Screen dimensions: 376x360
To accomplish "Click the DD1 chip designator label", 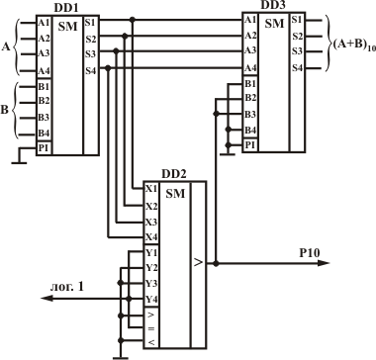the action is click(x=67, y=8).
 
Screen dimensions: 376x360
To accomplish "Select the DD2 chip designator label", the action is click(x=174, y=174).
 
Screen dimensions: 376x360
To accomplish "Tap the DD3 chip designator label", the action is click(x=273, y=5).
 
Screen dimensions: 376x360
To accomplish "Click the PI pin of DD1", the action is click(x=44, y=148).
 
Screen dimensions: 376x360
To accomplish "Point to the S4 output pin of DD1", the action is click(x=91, y=70).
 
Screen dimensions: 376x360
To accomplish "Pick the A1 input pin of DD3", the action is click(x=250, y=20).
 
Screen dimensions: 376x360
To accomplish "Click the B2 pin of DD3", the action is click(x=250, y=98).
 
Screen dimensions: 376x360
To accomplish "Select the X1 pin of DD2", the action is click(x=151, y=189).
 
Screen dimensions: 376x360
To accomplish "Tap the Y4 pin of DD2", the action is click(x=151, y=300).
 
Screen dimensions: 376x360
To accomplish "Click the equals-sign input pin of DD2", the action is click(x=151, y=328).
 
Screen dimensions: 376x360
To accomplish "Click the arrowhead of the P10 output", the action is click(x=324, y=263).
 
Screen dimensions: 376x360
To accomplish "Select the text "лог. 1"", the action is click(x=67, y=287).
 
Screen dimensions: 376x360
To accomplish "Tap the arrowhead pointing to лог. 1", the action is click(x=47, y=299).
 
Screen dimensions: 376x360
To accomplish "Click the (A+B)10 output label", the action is click(x=352, y=45).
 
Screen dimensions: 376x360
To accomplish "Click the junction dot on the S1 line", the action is click(x=133, y=20).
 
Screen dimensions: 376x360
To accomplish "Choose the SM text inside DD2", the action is click(x=175, y=194).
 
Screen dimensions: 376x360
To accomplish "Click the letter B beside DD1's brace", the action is click(x=5, y=111).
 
